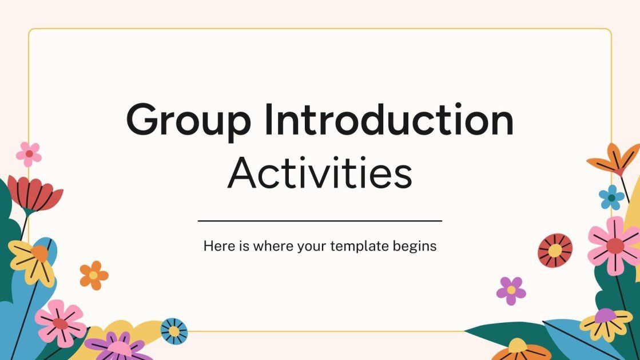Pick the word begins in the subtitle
(415, 247)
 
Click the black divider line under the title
(320, 220)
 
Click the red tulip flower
(34, 193)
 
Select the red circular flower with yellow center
(555, 250)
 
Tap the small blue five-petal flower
(611, 197)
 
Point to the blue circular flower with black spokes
(174, 331)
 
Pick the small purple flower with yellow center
(511, 290)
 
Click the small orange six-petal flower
(94, 275)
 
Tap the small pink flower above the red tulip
(29, 154)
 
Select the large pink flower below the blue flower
(615, 245)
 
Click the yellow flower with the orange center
(34, 259)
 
